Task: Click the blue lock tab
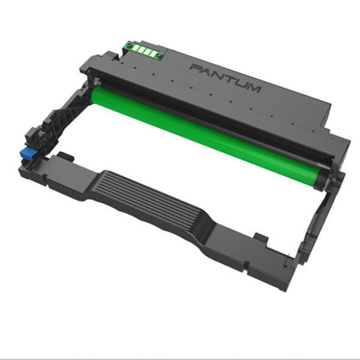point(28,153)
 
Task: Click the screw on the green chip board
point(130,45)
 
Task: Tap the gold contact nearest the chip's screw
point(136,48)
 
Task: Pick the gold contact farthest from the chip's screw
point(152,53)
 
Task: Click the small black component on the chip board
point(158,55)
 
